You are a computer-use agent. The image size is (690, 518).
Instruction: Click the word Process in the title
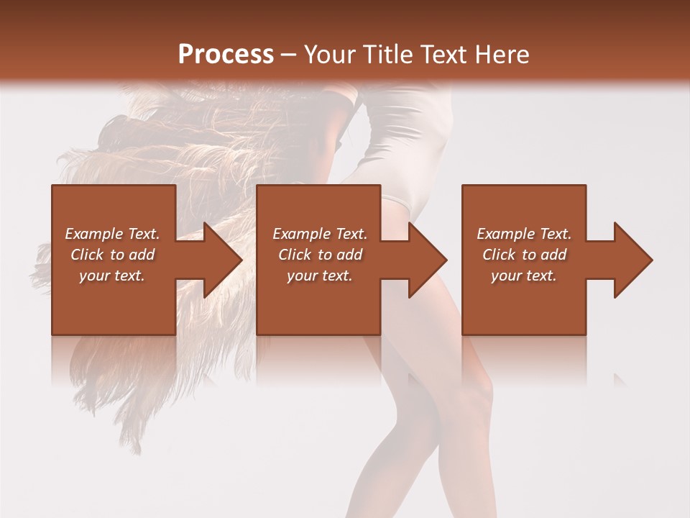coord(226,54)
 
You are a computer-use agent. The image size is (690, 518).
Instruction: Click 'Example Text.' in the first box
coord(112,234)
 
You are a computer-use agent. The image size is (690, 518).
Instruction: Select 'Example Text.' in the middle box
coord(320,234)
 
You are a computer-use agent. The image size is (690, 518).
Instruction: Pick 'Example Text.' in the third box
coord(524,234)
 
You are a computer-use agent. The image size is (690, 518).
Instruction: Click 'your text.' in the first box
coord(112,276)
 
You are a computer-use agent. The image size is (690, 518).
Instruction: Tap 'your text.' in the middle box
coord(320,276)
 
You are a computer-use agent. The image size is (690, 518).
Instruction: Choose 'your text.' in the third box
coord(524,276)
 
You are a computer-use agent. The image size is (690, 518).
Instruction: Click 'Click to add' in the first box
coord(112,255)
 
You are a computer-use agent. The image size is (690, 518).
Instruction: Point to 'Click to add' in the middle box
coord(320,255)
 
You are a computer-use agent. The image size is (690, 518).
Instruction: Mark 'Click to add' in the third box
coord(524,255)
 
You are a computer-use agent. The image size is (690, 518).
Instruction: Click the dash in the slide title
coord(289,54)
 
